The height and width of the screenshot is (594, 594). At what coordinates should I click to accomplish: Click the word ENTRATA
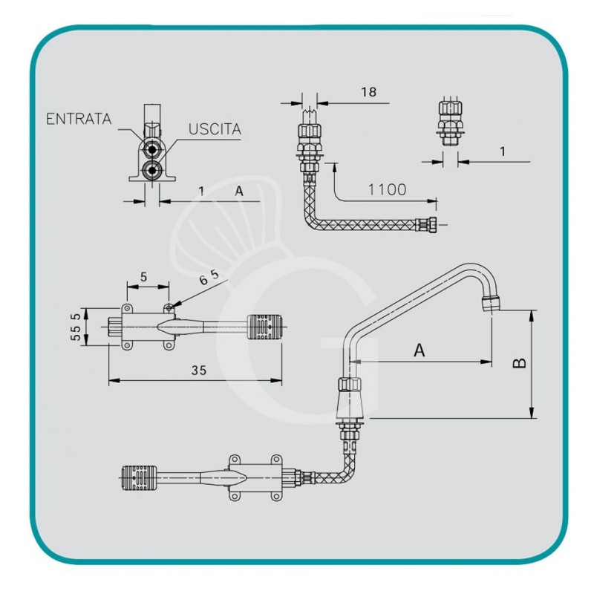coord(78,119)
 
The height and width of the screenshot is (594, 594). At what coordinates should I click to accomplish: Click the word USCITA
coord(214,128)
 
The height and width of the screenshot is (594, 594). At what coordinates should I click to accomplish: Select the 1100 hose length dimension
coord(387,189)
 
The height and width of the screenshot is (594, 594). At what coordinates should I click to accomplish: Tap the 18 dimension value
coord(368,92)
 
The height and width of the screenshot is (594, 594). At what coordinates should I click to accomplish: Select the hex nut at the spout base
coord(349,385)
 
